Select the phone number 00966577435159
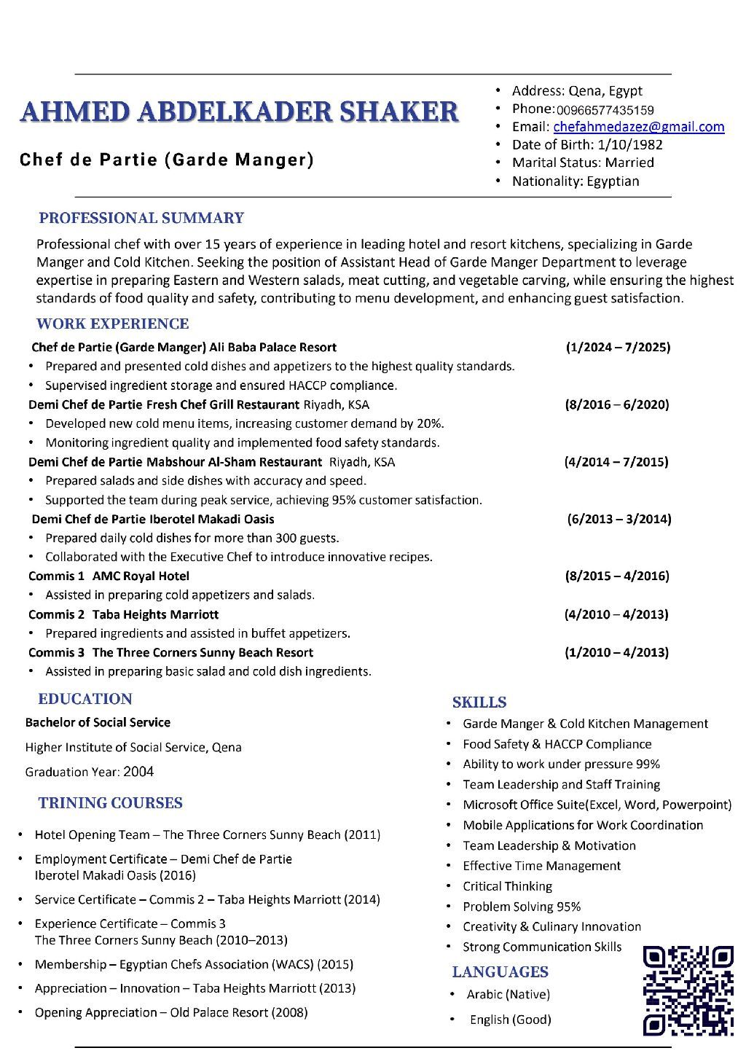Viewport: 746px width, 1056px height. pyautogui.click(x=605, y=110)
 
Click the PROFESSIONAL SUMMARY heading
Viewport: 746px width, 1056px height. pyautogui.click(x=141, y=218)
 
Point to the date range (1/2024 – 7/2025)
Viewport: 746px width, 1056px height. pyautogui.click(x=618, y=347)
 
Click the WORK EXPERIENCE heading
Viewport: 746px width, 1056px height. pyautogui.click(x=112, y=324)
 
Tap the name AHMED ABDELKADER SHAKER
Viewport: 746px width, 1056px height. pyautogui.click(x=240, y=112)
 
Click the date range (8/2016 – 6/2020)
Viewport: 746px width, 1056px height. pyautogui.click(x=617, y=404)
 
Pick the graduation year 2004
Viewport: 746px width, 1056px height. pyautogui.click(x=138, y=772)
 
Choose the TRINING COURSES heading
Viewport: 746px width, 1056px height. pyautogui.click(x=110, y=803)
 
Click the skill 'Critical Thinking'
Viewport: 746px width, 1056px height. pyautogui.click(x=507, y=886)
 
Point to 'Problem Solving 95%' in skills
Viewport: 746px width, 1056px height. pyautogui.click(x=522, y=907)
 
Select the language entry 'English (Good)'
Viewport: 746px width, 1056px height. pyautogui.click(x=510, y=1020)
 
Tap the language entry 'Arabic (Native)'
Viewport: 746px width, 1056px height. pyautogui.click(x=508, y=994)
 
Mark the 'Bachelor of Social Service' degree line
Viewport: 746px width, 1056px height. pyautogui.click(x=98, y=722)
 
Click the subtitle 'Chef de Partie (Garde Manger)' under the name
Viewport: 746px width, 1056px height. pyautogui.click(x=167, y=159)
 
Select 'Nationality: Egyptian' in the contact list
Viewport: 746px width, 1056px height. pyautogui.click(x=575, y=181)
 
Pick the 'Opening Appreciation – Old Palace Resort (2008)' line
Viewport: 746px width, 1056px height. pyautogui.click(x=171, y=1012)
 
